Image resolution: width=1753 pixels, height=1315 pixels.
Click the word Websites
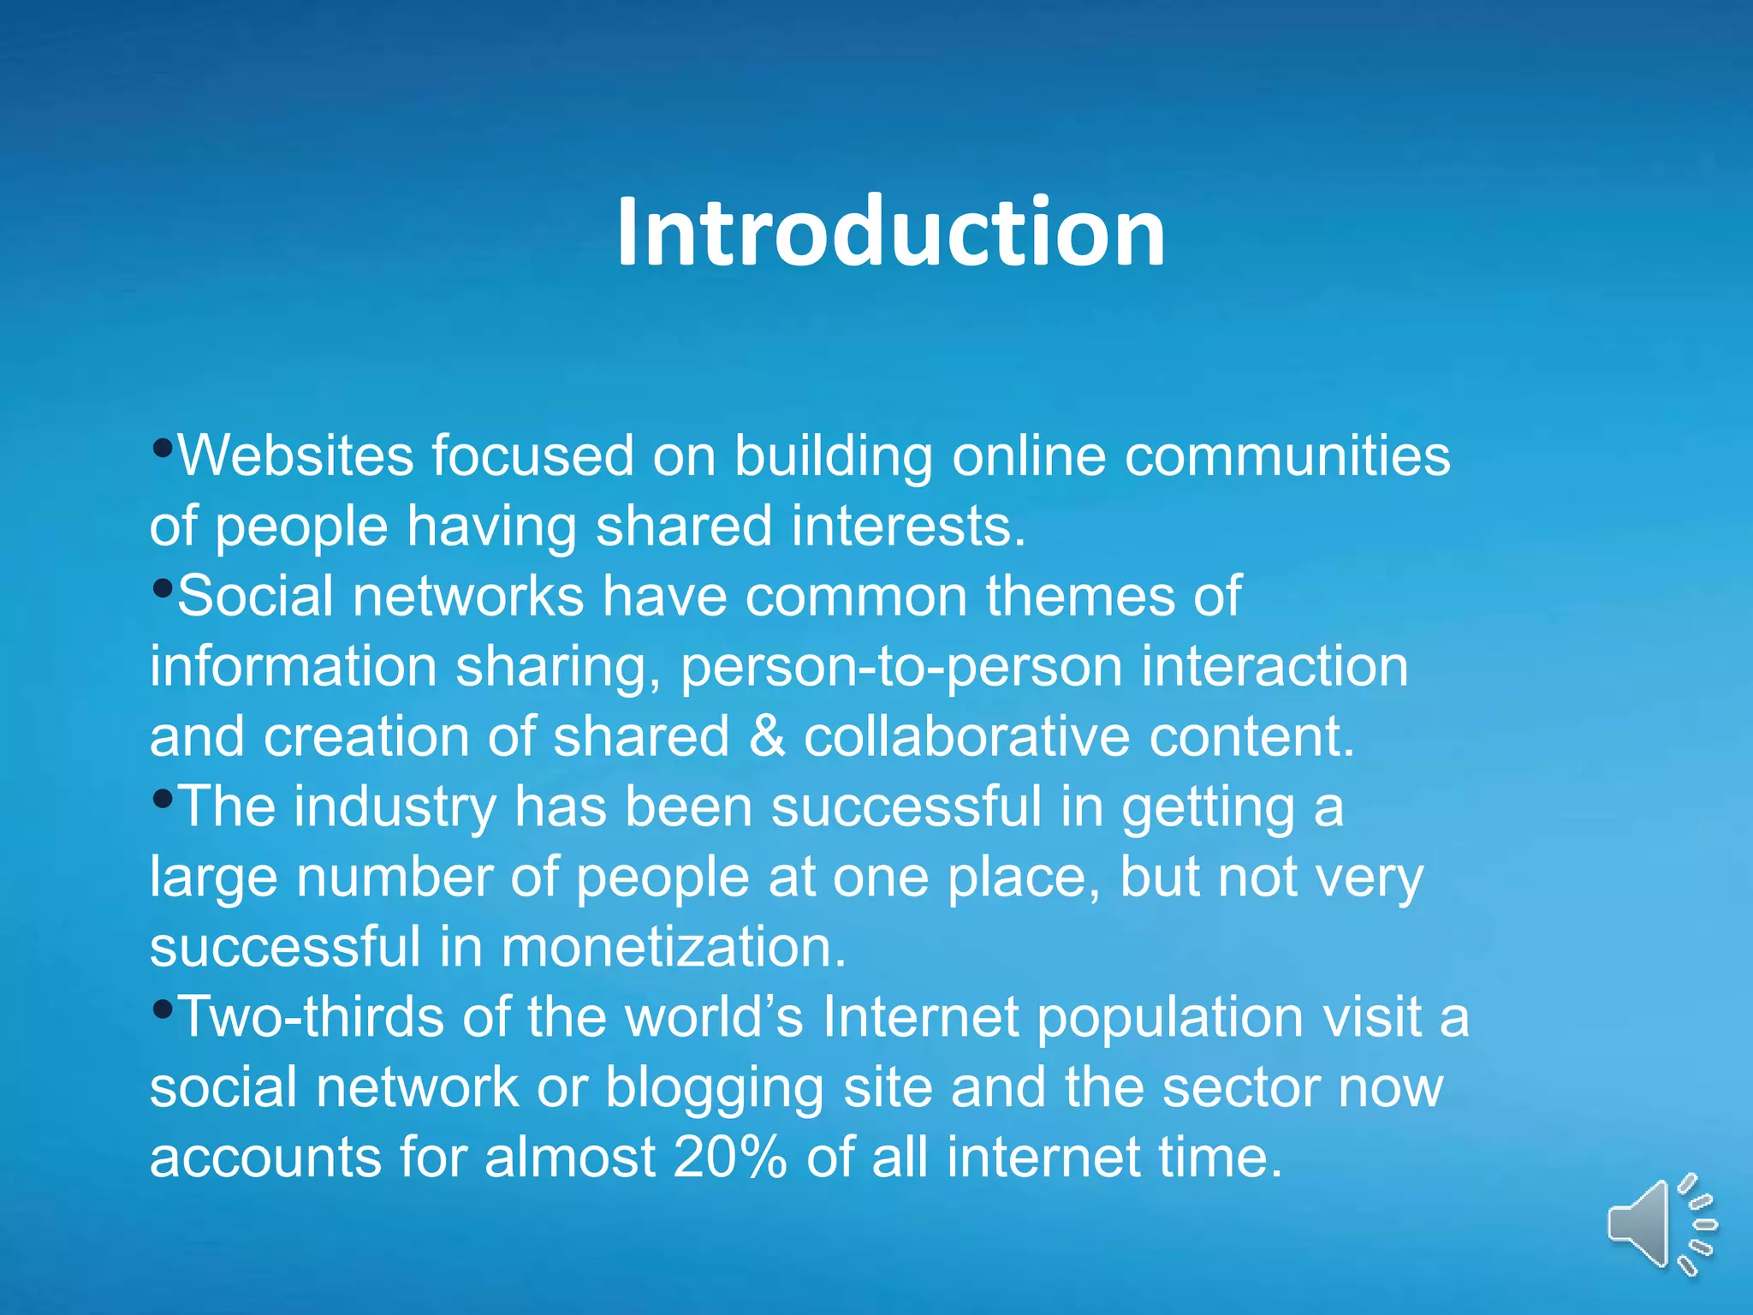click(x=295, y=455)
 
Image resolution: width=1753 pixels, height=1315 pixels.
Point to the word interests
click(x=907, y=526)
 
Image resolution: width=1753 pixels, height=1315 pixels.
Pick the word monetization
click(x=673, y=947)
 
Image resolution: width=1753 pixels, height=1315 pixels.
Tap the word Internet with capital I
click(x=919, y=1017)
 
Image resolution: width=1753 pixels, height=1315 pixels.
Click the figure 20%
click(x=729, y=1157)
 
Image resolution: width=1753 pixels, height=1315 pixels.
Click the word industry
click(x=395, y=808)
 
